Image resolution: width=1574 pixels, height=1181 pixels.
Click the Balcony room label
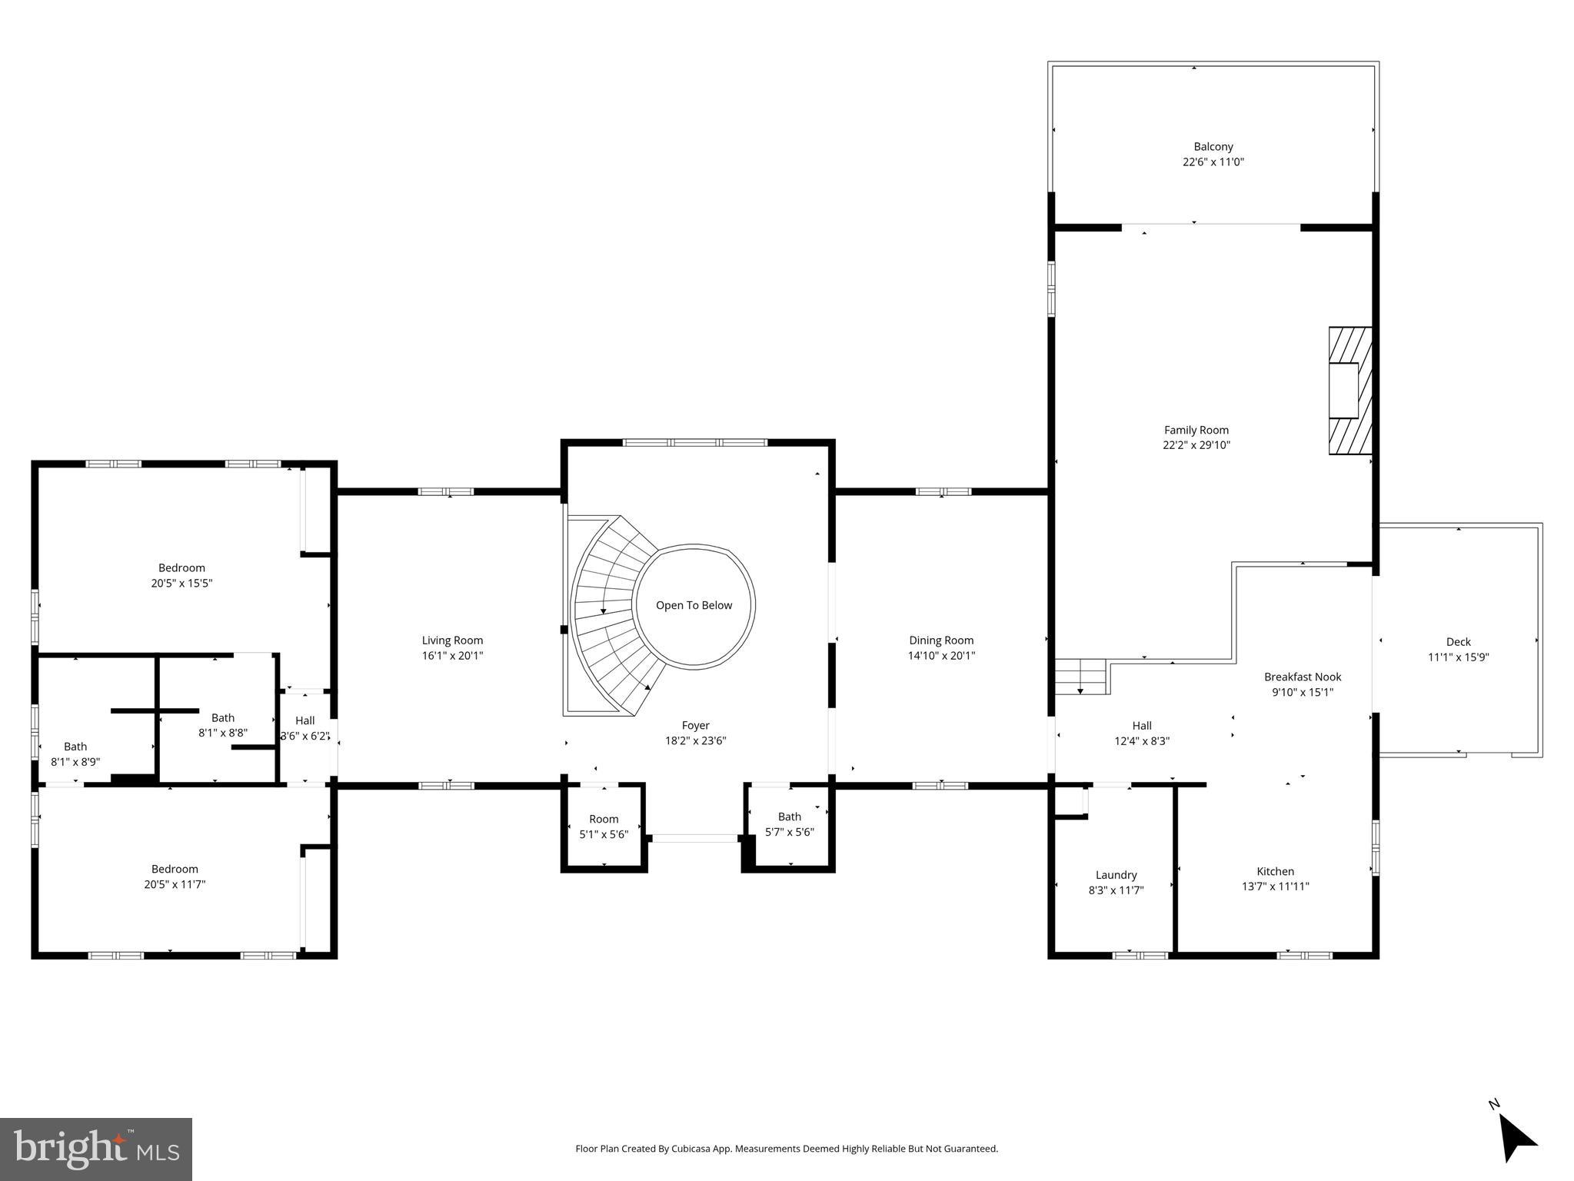tap(1213, 146)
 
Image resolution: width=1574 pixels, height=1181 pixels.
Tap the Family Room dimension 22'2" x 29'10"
tap(1196, 445)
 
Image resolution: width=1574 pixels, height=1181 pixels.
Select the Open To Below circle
tap(694, 605)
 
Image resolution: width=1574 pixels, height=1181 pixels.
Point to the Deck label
tap(1458, 641)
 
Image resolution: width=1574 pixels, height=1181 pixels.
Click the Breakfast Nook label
tap(1302, 677)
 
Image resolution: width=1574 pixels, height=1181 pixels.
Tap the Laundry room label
tap(1116, 875)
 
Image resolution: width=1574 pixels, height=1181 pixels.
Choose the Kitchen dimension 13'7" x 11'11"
tap(1275, 887)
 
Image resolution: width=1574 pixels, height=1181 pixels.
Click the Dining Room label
tap(941, 640)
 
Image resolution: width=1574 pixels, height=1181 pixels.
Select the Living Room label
tap(452, 640)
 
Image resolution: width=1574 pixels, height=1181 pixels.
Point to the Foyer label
tap(695, 725)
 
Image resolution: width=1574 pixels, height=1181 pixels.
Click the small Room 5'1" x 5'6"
tap(604, 827)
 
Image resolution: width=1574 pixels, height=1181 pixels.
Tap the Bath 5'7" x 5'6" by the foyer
tap(789, 824)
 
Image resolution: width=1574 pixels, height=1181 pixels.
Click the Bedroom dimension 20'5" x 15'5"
tap(181, 584)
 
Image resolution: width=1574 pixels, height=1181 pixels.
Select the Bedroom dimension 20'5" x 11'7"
tap(175, 884)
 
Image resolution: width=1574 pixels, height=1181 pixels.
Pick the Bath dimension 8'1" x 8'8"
tap(223, 733)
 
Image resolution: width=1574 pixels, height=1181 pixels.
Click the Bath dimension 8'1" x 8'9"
tap(75, 762)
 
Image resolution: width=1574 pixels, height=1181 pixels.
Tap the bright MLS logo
tap(96, 1149)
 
